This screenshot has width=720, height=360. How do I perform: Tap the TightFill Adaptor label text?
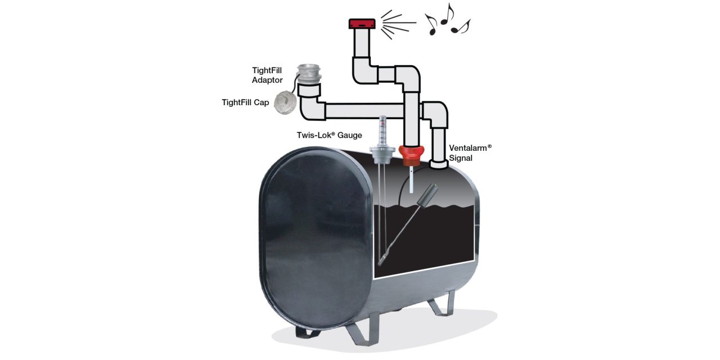(267, 75)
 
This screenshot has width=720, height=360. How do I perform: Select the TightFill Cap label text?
(245, 102)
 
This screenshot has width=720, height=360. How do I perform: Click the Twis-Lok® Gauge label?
(329, 135)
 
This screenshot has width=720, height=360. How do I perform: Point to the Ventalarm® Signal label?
(470, 152)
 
